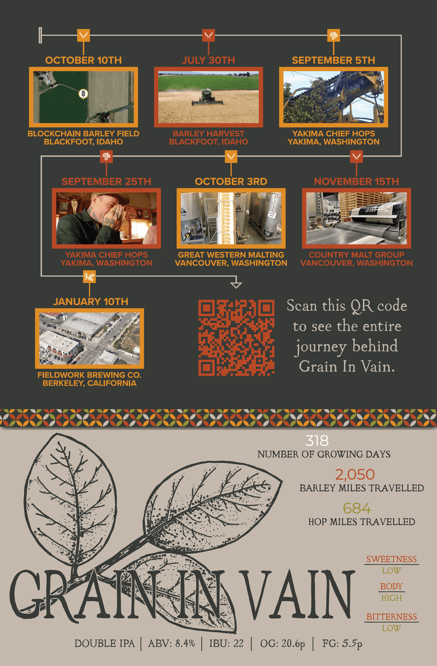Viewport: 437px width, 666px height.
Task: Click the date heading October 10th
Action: click(84, 60)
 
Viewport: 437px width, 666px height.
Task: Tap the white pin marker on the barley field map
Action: click(83, 94)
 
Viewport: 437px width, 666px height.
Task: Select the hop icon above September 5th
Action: click(333, 36)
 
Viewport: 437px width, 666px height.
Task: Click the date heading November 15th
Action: click(356, 181)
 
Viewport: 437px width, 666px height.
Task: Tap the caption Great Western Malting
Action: click(231, 255)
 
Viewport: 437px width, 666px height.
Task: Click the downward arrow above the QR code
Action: click(236, 282)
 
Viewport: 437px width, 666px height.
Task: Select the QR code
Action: click(236, 338)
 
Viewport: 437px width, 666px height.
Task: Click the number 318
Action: click(317, 441)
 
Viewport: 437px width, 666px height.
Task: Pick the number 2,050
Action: click(355, 475)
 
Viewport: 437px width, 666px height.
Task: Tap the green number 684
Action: click(357, 508)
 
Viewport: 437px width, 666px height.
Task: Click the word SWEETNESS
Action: click(391, 559)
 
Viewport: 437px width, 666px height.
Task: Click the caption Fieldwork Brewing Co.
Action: click(90, 375)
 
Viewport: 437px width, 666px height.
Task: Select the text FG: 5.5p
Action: click(342, 643)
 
